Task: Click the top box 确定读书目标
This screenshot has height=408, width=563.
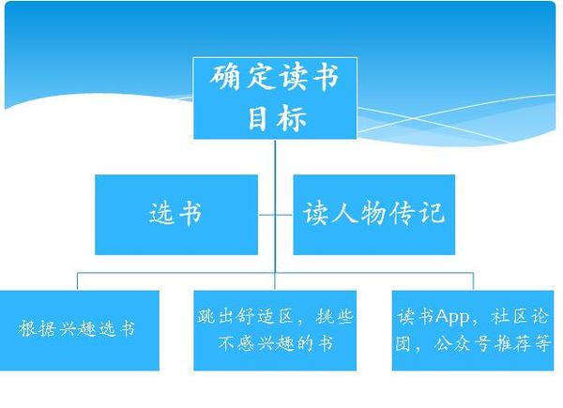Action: (x=275, y=98)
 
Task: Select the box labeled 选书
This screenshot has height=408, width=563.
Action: (x=176, y=215)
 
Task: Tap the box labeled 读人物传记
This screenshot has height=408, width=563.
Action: (x=374, y=215)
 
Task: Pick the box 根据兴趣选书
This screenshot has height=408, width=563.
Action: (x=80, y=330)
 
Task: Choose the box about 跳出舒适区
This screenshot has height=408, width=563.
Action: (x=275, y=330)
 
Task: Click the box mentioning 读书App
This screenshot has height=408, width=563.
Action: (x=473, y=330)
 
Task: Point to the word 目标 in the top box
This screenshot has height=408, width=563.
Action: (x=277, y=117)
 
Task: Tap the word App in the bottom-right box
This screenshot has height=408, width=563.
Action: (x=452, y=317)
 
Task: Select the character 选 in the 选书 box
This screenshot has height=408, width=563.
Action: (x=161, y=213)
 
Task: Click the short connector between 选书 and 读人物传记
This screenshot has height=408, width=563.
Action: (x=275, y=215)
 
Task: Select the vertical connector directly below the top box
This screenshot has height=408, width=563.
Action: (x=275, y=206)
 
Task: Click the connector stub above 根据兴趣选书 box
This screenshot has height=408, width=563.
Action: (x=78, y=281)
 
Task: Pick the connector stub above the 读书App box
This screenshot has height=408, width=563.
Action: (x=473, y=281)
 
